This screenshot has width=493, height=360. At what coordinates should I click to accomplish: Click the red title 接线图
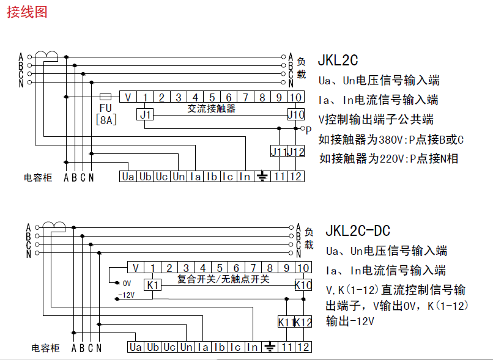pos(26,12)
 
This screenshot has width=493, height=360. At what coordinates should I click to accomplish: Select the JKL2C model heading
pos(338,61)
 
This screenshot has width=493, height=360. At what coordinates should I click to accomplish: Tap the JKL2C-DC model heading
pos(358,230)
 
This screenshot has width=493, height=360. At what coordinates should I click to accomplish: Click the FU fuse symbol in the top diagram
pos(105,97)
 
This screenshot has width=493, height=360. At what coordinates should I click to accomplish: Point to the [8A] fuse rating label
pos(106,120)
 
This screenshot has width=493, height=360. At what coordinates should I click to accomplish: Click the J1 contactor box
pos(145,114)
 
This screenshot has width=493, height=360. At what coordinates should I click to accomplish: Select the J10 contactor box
pos(295,114)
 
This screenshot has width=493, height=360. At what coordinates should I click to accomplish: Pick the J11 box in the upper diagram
pos(279,152)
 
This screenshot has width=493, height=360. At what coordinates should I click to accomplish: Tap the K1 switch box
pos(152,285)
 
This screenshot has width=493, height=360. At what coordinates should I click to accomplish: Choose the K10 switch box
pos(303,285)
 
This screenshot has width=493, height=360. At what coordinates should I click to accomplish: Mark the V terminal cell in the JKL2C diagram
pos(128,97)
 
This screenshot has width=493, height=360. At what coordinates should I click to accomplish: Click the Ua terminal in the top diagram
pos(127,177)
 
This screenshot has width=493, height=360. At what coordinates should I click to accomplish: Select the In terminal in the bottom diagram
pos(253,347)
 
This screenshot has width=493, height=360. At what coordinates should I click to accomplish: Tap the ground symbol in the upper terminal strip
pos(262,177)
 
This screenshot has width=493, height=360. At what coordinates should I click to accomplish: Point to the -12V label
pos(125,295)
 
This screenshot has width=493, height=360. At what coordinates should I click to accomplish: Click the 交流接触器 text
pos(211,109)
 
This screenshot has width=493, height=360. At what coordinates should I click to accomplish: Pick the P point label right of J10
pos(309,130)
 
